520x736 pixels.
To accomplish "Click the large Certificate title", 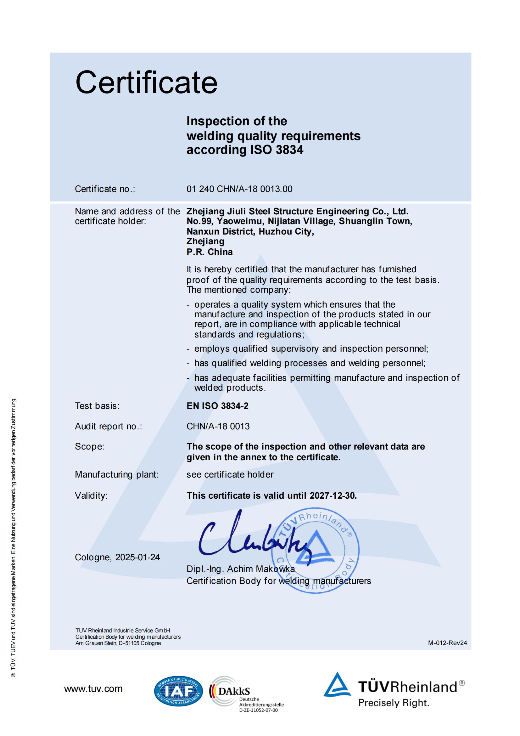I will coord(146,82).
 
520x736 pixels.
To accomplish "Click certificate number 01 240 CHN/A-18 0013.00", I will coord(239,189).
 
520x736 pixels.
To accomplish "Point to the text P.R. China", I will coord(210,252).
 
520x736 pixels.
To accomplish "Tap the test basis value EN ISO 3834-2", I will coord(218,406).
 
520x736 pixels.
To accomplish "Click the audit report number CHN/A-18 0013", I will coord(218,426).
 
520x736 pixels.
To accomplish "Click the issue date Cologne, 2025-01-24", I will coord(117,558).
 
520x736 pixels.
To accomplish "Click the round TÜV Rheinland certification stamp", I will coord(316,550).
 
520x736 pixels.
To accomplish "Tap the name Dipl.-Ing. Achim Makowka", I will coord(240,569).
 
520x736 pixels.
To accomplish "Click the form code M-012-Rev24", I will coord(447,643).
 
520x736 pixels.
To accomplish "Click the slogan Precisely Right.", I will coord(394,703).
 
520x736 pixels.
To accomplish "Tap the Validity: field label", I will coord(91,496).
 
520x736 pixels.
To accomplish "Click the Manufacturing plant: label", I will coord(117,475).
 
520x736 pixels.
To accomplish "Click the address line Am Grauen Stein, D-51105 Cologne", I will coord(118,643).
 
